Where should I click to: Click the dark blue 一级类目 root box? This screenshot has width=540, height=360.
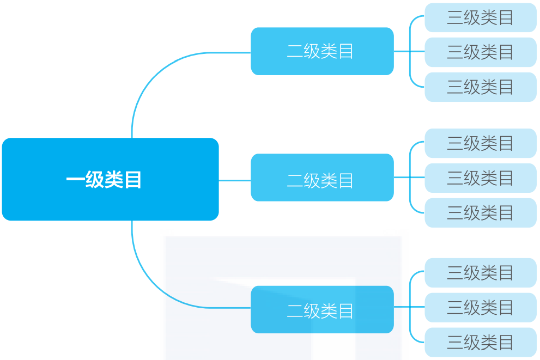point(110,179)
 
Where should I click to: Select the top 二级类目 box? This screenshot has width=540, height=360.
point(321,51)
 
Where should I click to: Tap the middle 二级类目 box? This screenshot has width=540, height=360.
point(321,178)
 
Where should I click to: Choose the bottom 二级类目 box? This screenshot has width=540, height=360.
point(321,309)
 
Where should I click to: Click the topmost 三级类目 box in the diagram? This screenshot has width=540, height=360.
point(480,17)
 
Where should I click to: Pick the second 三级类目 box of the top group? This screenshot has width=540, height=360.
point(480,52)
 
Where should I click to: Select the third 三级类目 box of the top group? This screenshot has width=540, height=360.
point(480,87)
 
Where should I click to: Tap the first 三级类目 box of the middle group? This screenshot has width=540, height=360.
point(480,143)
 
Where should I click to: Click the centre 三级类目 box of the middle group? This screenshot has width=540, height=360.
point(480,178)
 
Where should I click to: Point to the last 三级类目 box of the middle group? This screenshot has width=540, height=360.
point(480,213)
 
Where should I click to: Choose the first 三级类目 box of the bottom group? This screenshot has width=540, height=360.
point(480,273)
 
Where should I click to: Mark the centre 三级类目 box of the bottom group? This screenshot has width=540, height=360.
point(480,308)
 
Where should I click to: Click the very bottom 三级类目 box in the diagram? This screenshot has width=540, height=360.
point(480,343)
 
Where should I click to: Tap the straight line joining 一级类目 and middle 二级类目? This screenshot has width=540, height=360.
point(234,180)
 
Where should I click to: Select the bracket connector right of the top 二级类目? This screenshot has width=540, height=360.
point(410,51)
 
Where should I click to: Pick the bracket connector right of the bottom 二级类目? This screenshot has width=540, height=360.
point(410,307)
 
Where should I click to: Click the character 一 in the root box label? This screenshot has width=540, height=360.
point(75,180)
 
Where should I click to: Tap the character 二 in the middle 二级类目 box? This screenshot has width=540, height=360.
point(295,181)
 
